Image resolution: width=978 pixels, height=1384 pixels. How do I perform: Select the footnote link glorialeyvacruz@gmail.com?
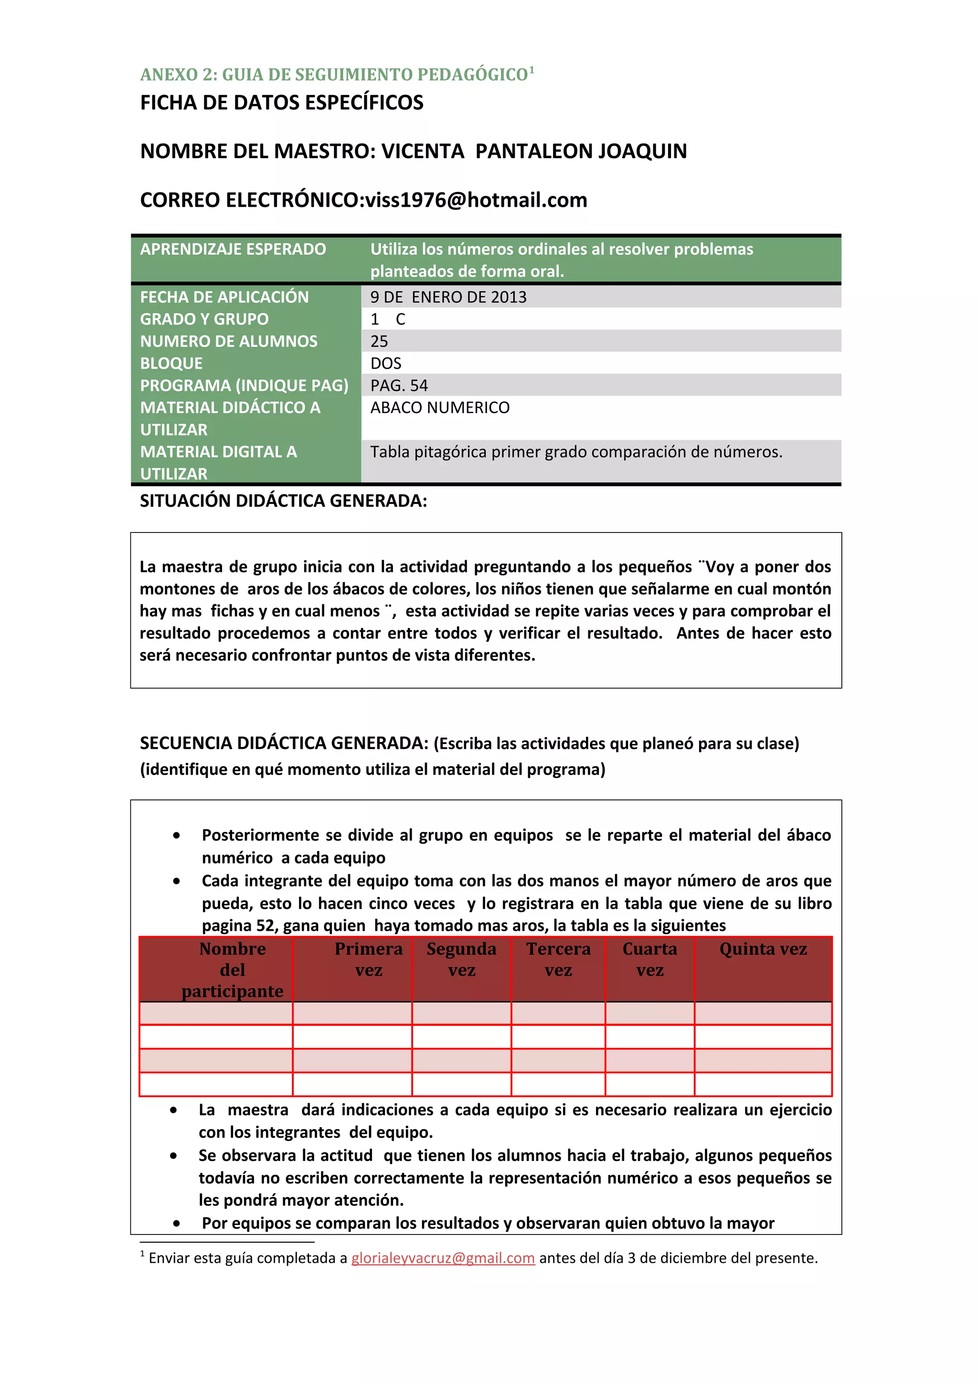pos(443,1258)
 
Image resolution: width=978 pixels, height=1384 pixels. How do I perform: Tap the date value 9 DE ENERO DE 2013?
pos(448,297)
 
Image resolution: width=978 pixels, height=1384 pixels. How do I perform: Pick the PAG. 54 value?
pos(399,386)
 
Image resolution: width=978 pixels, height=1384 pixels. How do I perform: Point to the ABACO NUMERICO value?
pos(440,408)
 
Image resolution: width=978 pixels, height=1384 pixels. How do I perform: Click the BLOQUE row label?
pos(171,363)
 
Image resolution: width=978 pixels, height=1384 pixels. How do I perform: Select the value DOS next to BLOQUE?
pos(386,363)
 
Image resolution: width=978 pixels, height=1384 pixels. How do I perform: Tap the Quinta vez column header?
pos(763,949)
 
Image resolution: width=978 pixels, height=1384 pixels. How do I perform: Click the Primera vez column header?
pos(368,959)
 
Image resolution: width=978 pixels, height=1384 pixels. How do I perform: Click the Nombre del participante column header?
pos(233,970)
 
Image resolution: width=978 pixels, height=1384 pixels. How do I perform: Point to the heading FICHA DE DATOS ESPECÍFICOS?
pos(281,103)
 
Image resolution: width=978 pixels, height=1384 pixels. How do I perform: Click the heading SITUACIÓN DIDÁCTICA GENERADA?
pos(283,501)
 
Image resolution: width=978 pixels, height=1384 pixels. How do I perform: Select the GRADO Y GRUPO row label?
pos(204,319)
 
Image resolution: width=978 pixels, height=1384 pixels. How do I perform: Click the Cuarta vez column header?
pos(649,959)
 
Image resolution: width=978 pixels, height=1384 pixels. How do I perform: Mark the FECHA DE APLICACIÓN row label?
pos(224,297)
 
